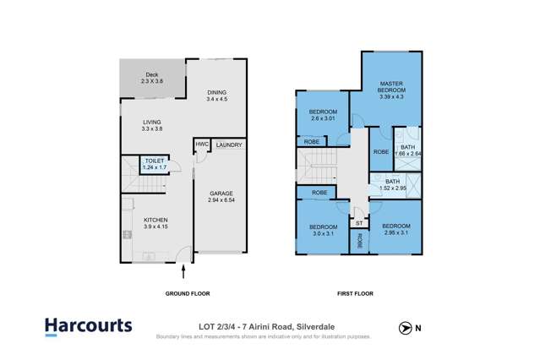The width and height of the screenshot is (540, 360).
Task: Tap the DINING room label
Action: click(x=217, y=93)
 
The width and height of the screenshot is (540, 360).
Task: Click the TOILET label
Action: click(x=154, y=161)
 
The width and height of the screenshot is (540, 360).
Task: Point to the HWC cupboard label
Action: click(x=201, y=145)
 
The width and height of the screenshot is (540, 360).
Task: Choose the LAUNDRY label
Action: click(x=229, y=145)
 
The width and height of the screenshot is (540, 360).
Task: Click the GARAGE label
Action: click(x=221, y=194)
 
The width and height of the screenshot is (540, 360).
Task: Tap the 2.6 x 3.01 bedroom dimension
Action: click(x=323, y=119)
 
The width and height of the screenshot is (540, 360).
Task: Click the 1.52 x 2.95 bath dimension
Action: click(x=393, y=188)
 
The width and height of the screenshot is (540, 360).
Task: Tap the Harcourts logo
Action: click(x=88, y=325)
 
